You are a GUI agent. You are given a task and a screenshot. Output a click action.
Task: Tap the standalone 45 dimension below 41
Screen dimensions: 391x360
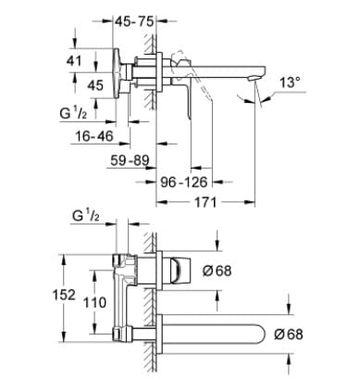point(94,85)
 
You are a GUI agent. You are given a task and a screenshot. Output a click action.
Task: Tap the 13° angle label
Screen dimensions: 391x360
point(290,82)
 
